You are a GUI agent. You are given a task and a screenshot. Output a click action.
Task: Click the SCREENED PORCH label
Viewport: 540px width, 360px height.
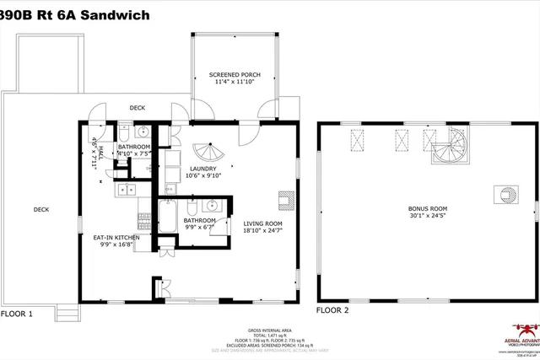pyautogui.click(x=235, y=75)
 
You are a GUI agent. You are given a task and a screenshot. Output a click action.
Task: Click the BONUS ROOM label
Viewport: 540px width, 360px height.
pyautogui.click(x=427, y=207)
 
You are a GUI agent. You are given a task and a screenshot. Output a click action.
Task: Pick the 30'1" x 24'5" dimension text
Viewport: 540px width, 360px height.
pyautogui.click(x=427, y=216)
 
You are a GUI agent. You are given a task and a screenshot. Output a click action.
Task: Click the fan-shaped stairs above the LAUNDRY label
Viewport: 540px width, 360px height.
pyautogui.click(x=206, y=152)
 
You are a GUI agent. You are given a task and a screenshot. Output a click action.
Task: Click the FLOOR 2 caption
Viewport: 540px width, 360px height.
pyautogui.click(x=332, y=309)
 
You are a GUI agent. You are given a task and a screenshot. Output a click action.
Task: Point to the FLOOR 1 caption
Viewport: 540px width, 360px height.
pyautogui.click(x=16, y=314)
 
